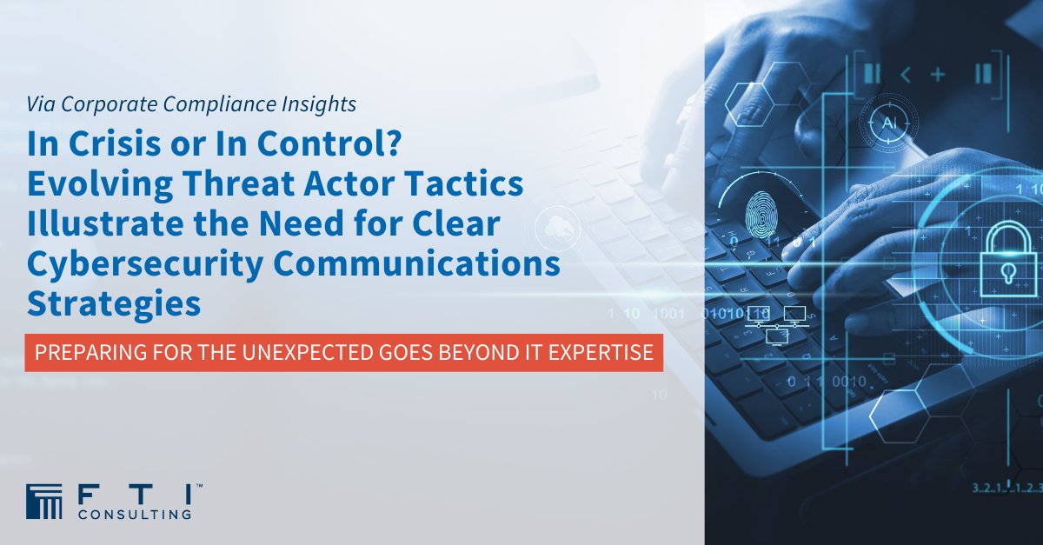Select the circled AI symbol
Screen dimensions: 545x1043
click(x=888, y=123)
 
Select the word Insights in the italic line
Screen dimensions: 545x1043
click(x=316, y=104)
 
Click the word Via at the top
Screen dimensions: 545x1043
click(x=41, y=104)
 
